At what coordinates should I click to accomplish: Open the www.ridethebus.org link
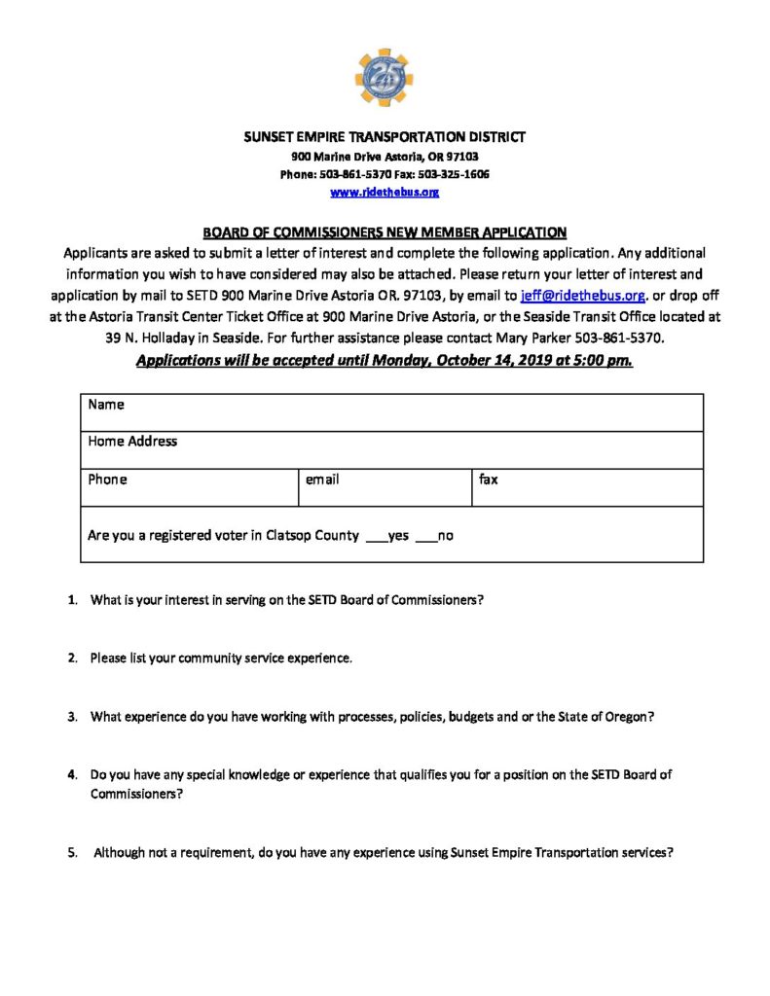385,193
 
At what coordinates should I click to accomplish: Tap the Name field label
106,404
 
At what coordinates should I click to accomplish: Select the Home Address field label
132,442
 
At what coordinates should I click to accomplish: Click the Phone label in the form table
107,480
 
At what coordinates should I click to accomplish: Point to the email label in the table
322,480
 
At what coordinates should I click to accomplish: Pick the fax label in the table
489,480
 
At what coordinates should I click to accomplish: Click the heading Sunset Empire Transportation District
385,137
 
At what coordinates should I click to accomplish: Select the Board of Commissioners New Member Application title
385,232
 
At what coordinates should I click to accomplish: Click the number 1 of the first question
72,600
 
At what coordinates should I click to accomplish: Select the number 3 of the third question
72,717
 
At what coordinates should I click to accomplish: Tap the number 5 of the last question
72,853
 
